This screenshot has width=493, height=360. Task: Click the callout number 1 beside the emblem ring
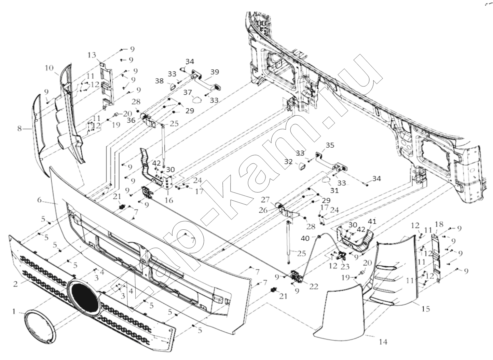(14, 311)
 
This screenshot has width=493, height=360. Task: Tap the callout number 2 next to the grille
(15, 284)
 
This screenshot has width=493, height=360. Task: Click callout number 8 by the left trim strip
(20, 129)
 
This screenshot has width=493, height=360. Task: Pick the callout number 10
(49, 68)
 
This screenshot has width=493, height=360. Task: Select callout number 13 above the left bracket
(92, 55)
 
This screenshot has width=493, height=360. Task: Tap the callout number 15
(425, 309)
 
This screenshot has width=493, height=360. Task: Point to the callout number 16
(169, 200)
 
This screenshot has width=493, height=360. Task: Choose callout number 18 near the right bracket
(439, 224)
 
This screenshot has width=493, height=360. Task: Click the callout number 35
(330, 145)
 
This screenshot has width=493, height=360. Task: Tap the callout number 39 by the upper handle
(214, 72)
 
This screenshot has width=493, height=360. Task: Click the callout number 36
(131, 120)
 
